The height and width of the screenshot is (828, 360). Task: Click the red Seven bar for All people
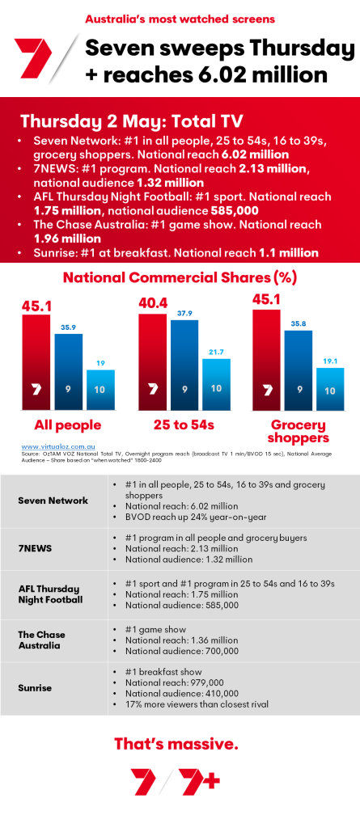click(36, 362)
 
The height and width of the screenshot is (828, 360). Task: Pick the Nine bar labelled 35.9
click(69, 372)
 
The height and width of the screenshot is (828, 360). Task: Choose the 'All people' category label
click(67, 425)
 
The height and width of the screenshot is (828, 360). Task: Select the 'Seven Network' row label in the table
click(53, 501)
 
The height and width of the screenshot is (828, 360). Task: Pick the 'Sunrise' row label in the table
click(36, 687)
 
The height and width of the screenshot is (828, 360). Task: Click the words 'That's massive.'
click(180, 742)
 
